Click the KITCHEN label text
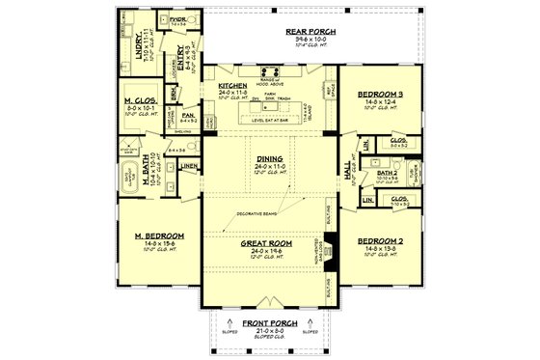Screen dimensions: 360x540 click(234, 85)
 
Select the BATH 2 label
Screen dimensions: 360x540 click(387, 172)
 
